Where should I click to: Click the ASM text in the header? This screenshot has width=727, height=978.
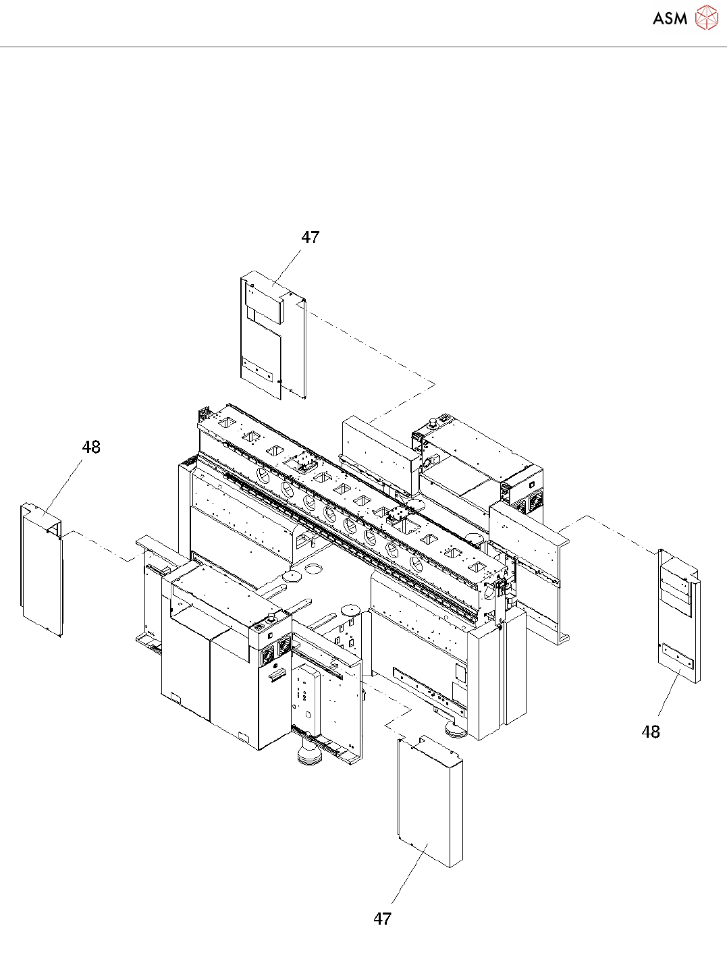point(670,18)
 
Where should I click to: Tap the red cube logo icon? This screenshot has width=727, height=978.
point(706,18)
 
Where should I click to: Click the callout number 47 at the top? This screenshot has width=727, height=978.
point(310,238)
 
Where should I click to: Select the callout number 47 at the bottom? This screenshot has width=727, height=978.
point(383,919)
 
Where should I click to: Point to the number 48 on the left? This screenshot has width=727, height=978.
point(91,447)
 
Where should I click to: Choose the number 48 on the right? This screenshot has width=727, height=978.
point(651,732)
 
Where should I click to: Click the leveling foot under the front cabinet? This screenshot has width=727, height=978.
point(311,753)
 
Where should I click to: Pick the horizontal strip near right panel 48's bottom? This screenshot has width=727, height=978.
point(678,655)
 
